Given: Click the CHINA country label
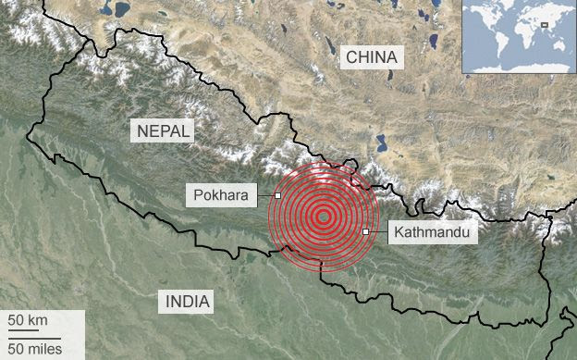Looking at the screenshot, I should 371,57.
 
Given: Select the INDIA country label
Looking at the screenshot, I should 188,301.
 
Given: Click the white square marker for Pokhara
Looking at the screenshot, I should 277,195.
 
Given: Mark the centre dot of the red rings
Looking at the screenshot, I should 323,217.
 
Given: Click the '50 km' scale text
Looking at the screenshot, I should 29,320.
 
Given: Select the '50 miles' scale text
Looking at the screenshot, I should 35,348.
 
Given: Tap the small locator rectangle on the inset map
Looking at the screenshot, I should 545,25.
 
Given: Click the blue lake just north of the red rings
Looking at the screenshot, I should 380,144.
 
